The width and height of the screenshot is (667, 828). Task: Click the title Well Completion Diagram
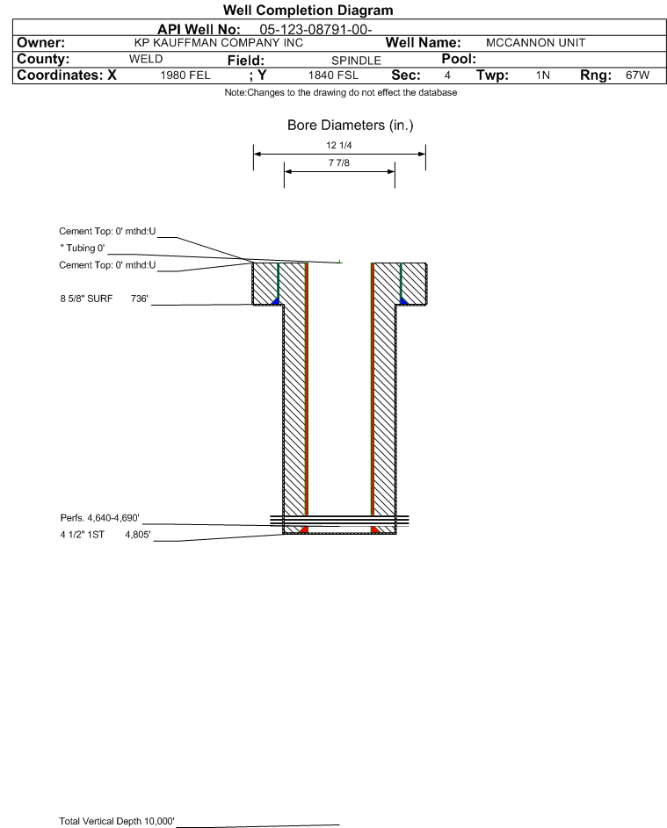pos(308,10)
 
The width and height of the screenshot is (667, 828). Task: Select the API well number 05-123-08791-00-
pos(315,30)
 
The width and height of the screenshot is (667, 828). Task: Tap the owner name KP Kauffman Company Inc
pos(219,43)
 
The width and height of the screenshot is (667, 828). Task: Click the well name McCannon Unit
pos(535,43)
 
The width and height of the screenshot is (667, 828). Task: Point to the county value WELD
pos(146,59)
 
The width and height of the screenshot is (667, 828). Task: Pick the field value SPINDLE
pos(356,61)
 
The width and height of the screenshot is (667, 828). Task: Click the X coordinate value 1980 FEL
pos(185,76)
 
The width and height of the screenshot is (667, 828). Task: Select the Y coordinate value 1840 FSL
pos(333,76)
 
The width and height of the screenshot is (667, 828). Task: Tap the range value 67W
pos(637,75)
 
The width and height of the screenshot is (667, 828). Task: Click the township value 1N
pos(543,76)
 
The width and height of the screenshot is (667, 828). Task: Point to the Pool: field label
pos(459,59)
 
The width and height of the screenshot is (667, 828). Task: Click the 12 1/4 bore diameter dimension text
pos(339,145)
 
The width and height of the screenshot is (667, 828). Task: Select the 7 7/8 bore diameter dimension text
pos(339,162)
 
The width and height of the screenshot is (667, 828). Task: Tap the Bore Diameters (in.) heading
pos(350,126)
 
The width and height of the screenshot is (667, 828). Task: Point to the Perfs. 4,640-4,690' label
pos(100,518)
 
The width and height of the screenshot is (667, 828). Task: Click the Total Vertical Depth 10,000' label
pos(117,821)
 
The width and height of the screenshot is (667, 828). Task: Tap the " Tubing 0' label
pos(83,248)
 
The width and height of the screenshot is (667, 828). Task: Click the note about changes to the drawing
pos(340,92)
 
